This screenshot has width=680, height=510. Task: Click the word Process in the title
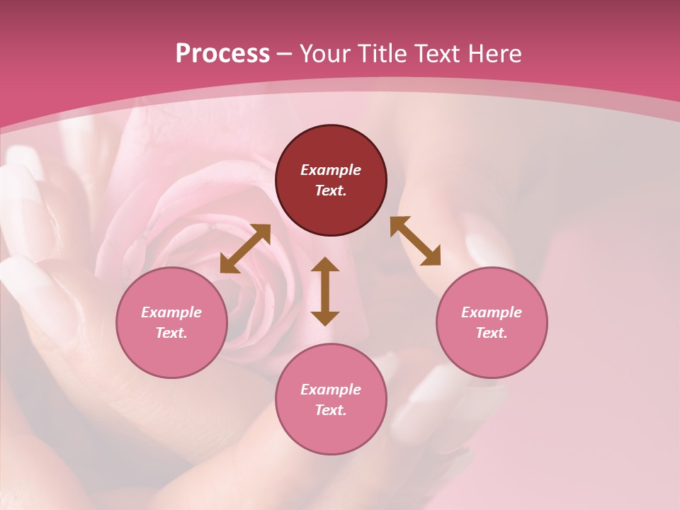point(222,54)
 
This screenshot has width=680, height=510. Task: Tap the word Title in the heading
point(383,54)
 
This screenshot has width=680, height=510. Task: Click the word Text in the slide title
point(438,54)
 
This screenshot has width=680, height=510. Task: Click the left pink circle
point(171,322)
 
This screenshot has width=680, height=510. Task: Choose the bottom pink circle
point(331,399)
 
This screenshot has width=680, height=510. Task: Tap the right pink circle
point(492,322)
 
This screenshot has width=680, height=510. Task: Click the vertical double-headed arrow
point(325,291)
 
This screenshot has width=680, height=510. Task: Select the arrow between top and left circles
point(245,249)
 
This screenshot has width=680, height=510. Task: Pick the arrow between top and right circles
point(415,241)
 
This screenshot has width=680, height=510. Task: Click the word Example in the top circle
point(331,170)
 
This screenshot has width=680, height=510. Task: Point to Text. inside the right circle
point(491,333)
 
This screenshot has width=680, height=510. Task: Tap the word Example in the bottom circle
point(331,390)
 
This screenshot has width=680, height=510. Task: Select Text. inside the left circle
point(171,333)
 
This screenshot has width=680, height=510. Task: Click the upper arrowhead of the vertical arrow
point(325,264)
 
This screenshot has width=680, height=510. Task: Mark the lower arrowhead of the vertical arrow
point(325,318)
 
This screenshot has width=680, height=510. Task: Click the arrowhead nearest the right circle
point(432,257)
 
